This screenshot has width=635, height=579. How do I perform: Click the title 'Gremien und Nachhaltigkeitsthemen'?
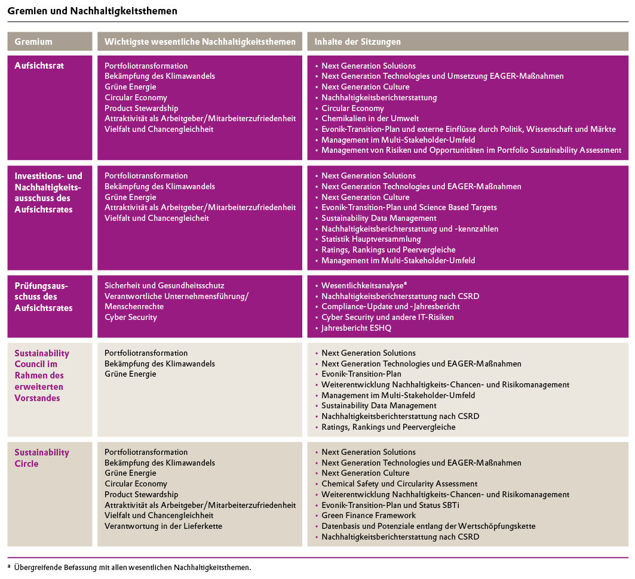[x=92, y=11]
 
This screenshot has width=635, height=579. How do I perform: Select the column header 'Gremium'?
[x=33, y=42]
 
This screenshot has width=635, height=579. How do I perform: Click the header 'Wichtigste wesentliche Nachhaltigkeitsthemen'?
[x=200, y=42]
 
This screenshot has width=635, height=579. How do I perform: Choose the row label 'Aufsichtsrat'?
[x=39, y=66]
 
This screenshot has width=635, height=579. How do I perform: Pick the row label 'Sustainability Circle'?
[x=41, y=458]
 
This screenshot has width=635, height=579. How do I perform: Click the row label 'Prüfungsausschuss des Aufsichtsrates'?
[x=44, y=297]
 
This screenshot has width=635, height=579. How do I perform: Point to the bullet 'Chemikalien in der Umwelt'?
[x=370, y=119]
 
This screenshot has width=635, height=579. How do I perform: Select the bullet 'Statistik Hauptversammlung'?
[x=371, y=239]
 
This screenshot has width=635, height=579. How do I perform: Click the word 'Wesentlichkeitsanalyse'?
[x=362, y=286]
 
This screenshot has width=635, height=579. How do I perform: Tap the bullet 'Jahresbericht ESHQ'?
[x=356, y=328]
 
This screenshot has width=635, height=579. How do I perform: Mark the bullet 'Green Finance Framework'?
[x=369, y=516]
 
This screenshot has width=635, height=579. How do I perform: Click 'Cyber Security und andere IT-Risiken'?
[x=387, y=318]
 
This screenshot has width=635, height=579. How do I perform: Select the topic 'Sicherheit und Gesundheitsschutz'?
[x=164, y=286]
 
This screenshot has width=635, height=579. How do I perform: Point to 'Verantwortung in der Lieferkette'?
[x=164, y=526]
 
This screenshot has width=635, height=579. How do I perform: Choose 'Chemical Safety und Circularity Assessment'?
[x=399, y=484]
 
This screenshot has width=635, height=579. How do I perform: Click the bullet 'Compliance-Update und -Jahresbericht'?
[x=390, y=307]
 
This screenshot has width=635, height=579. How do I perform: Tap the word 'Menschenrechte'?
[x=134, y=307]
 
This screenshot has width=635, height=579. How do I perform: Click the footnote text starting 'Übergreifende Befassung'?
[x=133, y=568]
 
